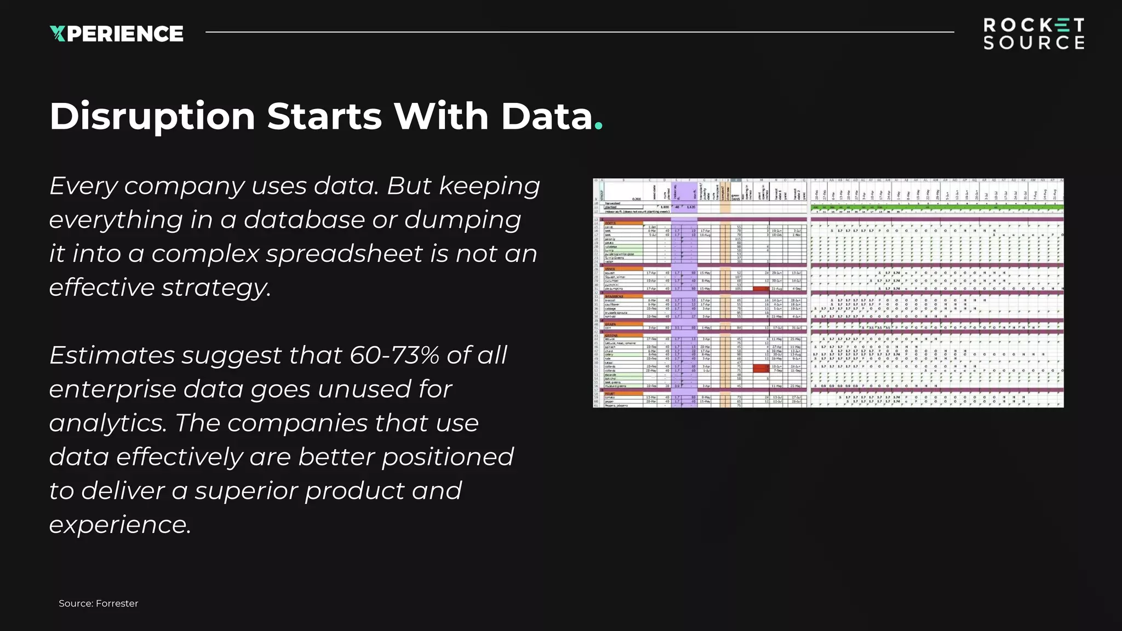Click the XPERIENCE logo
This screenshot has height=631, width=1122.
pyautogui.click(x=117, y=33)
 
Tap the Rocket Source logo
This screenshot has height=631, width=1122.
pyautogui.click(x=1033, y=34)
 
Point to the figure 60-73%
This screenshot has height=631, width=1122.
pyautogui.click(x=394, y=355)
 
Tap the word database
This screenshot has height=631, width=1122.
pyautogui.click(x=304, y=220)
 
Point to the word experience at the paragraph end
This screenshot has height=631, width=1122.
pyautogui.click(x=119, y=525)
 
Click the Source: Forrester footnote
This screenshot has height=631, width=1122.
pyautogui.click(x=99, y=603)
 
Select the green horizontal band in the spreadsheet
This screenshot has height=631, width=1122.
pyautogui.click(x=937, y=208)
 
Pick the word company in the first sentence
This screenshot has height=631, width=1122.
pyautogui.click(x=184, y=186)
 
